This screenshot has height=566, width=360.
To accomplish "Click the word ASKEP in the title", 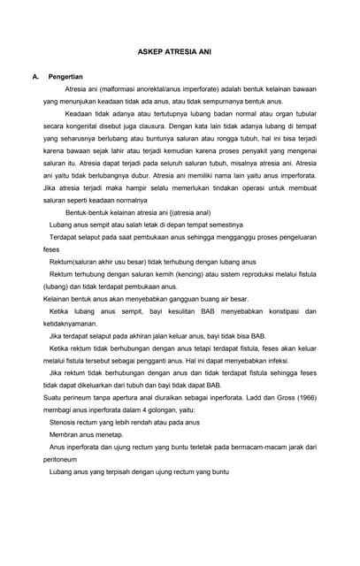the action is pos(152,53).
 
